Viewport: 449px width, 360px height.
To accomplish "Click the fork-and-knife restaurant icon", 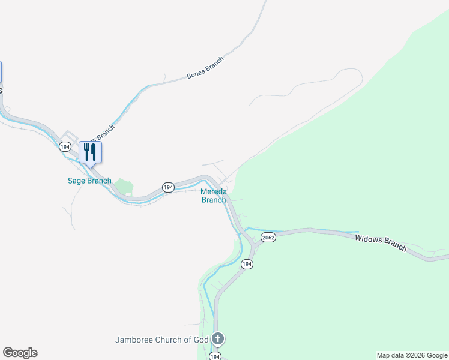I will tap(90, 151).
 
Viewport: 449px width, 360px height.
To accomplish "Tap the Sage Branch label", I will tap(89, 181).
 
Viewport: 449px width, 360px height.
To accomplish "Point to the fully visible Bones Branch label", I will tap(205, 68).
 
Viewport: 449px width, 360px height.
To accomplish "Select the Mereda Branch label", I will tap(214, 196).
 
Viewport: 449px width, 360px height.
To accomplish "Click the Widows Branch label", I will tap(381, 243).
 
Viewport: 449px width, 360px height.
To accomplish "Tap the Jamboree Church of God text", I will tap(161, 340).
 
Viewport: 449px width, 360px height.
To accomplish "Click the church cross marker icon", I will tap(217, 340).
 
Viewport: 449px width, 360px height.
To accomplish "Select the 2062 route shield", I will tap(268, 238).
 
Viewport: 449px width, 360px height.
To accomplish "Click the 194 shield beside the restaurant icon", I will tap(65, 146).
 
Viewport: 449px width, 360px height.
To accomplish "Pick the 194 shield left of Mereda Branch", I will tap(168, 187).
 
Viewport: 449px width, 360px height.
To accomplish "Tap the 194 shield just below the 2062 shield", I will tap(247, 264).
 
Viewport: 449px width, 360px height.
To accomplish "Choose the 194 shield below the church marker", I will tap(215, 356).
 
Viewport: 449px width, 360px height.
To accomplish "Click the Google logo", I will tap(20, 353).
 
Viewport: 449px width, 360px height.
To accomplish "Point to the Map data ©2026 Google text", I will tap(411, 355).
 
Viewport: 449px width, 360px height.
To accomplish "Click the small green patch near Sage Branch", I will tap(124, 187).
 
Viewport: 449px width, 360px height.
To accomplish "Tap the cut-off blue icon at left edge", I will tap(1, 71).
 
